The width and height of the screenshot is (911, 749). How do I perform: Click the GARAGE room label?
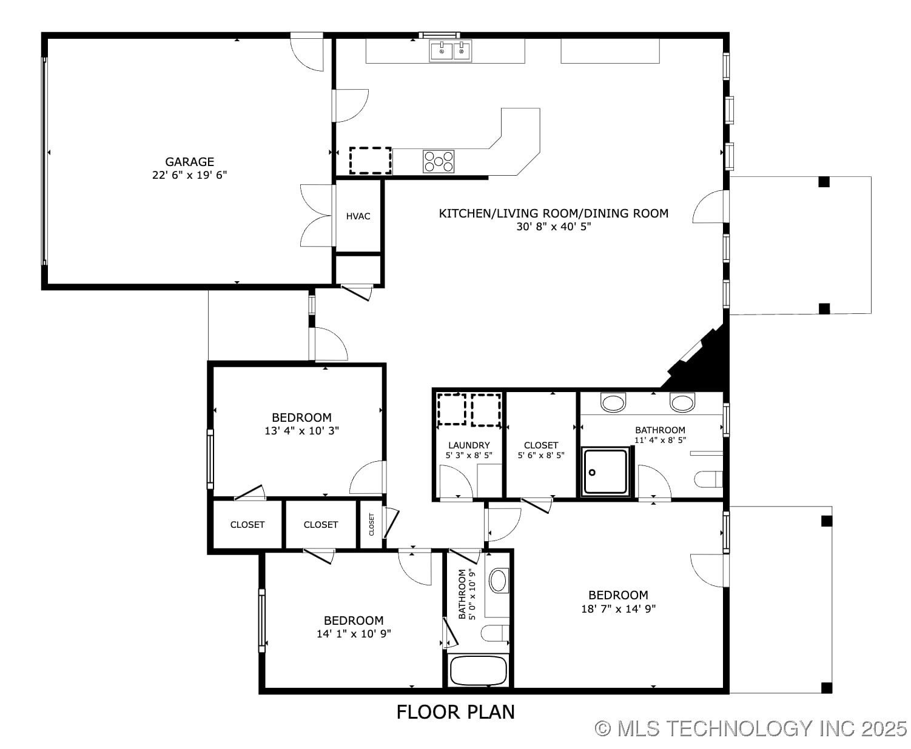pyautogui.click(x=189, y=161)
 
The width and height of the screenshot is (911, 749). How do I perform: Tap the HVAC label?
pyautogui.click(x=358, y=216)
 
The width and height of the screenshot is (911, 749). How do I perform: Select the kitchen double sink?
pyautogui.click(x=451, y=51)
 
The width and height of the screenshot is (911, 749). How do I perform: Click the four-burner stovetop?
pyautogui.click(x=439, y=161)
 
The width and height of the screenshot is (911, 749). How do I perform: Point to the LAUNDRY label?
pyautogui.click(x=469, y=445)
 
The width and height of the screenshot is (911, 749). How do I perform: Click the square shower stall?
pyautogui.click(x=605, y=471)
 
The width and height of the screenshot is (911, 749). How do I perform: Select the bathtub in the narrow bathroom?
pyautogui.click(x=478, y=671)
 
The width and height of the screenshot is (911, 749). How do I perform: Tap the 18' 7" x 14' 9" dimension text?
pyautogui.click(x=618, y=608)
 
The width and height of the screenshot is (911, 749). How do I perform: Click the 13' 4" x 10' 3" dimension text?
pyautogui.click(x=301, y=431)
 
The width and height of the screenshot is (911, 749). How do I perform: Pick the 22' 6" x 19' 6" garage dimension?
pyautogui.click(x=189, y=175)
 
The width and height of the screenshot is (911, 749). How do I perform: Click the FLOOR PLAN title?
pyautogui.click(x=456, y=711)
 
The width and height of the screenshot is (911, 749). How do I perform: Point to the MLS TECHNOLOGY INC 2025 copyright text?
pyautogui.click(x=750, y=728)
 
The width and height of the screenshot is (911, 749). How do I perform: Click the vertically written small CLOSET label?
pyautogui.click(x=372, y=524)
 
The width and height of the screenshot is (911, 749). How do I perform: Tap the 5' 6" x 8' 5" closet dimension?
pyautogui.click(x=541, y=455)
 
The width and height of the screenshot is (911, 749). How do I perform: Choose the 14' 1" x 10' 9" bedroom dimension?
pyautogui.click(x=353, y=634)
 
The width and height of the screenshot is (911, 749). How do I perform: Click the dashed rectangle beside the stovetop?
pyautogui.click(x=370, y=161)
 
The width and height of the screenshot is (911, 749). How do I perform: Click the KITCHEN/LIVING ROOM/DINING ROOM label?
pyautogui.click(x=553, y=213)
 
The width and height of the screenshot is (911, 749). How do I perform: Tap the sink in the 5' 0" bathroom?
pyautogui.click(x=498, y=580)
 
